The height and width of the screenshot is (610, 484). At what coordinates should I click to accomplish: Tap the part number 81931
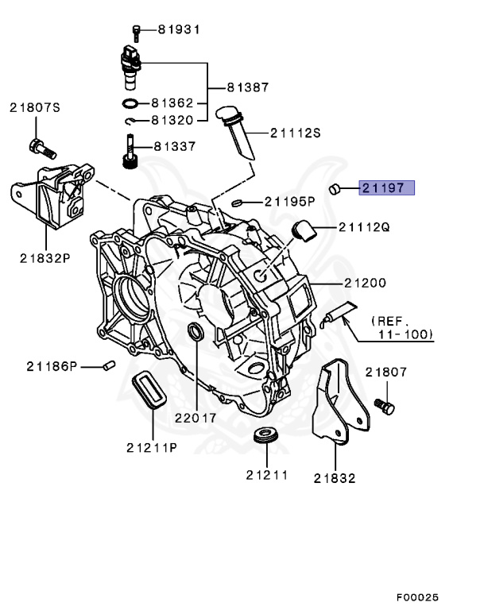179,30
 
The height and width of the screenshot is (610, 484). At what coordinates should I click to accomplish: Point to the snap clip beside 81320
132,121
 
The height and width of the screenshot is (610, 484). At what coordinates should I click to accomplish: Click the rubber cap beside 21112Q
303,230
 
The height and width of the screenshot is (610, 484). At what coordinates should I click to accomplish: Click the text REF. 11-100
401,327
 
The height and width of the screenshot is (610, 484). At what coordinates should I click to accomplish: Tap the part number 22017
195,417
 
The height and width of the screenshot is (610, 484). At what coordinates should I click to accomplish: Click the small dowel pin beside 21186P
110,365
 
